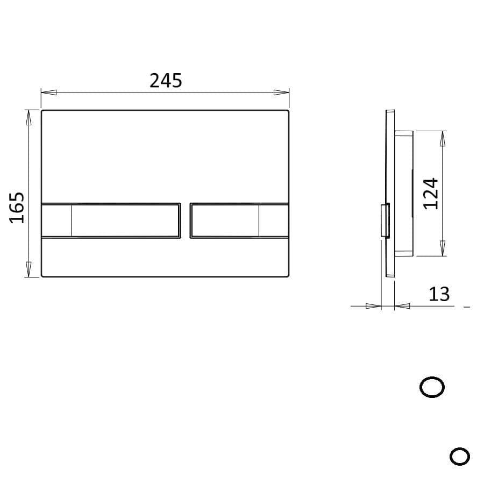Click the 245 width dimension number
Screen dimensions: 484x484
166,81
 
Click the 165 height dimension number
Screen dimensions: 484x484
18,207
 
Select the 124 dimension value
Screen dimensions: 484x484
431,194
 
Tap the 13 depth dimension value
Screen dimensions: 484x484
439,294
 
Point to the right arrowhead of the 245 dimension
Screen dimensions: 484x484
282,92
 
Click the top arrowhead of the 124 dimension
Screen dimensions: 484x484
443,139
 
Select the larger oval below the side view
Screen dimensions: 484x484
432,387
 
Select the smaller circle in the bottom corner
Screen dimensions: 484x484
459,457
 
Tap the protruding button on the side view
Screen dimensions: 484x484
385,220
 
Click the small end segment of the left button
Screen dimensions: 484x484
56,220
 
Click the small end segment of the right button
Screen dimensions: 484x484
273,220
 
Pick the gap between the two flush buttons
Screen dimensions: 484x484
185,220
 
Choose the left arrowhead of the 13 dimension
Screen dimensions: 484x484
373,306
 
